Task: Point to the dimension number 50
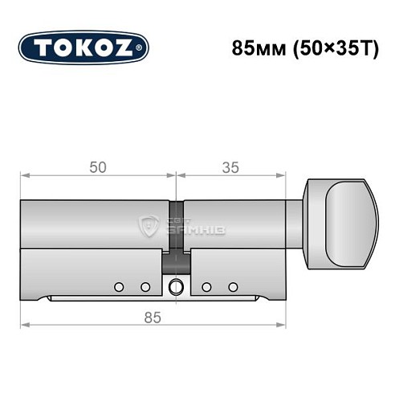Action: [x=98, y=167]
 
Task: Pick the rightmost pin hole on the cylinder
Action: [x=234, y=286]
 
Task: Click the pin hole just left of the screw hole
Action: [x=145, y=286]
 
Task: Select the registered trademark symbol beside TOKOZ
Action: [x=142, y=48]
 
